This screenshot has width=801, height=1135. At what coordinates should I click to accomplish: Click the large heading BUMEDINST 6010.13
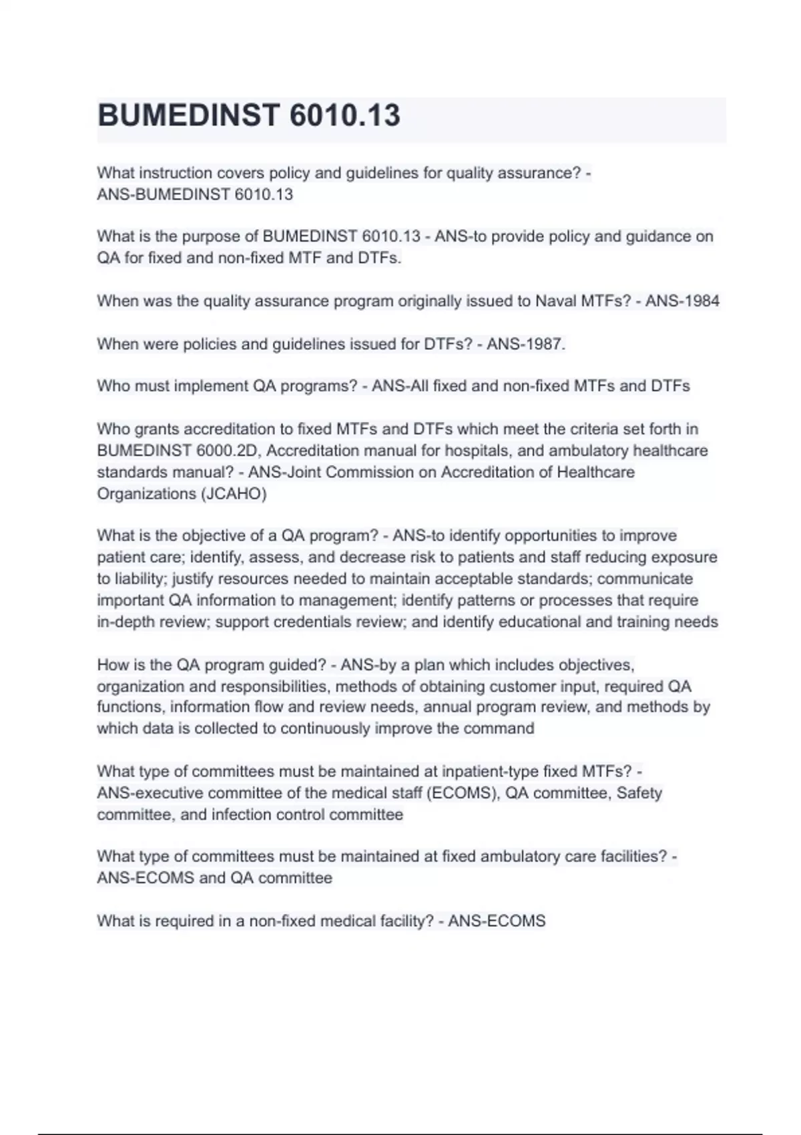pos(248,116)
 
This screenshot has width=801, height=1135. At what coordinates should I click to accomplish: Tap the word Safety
pos(639,793)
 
